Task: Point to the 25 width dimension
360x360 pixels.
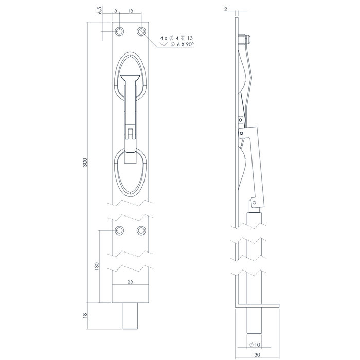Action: click(131, 281)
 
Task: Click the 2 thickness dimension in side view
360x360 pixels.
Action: click(226, 10)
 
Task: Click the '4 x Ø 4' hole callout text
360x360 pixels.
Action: click(171, 38)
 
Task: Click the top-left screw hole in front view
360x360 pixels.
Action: click(119, 32)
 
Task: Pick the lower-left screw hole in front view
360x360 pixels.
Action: click(119, 230)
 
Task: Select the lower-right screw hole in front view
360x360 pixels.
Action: click(142, 230)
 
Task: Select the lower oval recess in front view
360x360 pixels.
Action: click(131, 172)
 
